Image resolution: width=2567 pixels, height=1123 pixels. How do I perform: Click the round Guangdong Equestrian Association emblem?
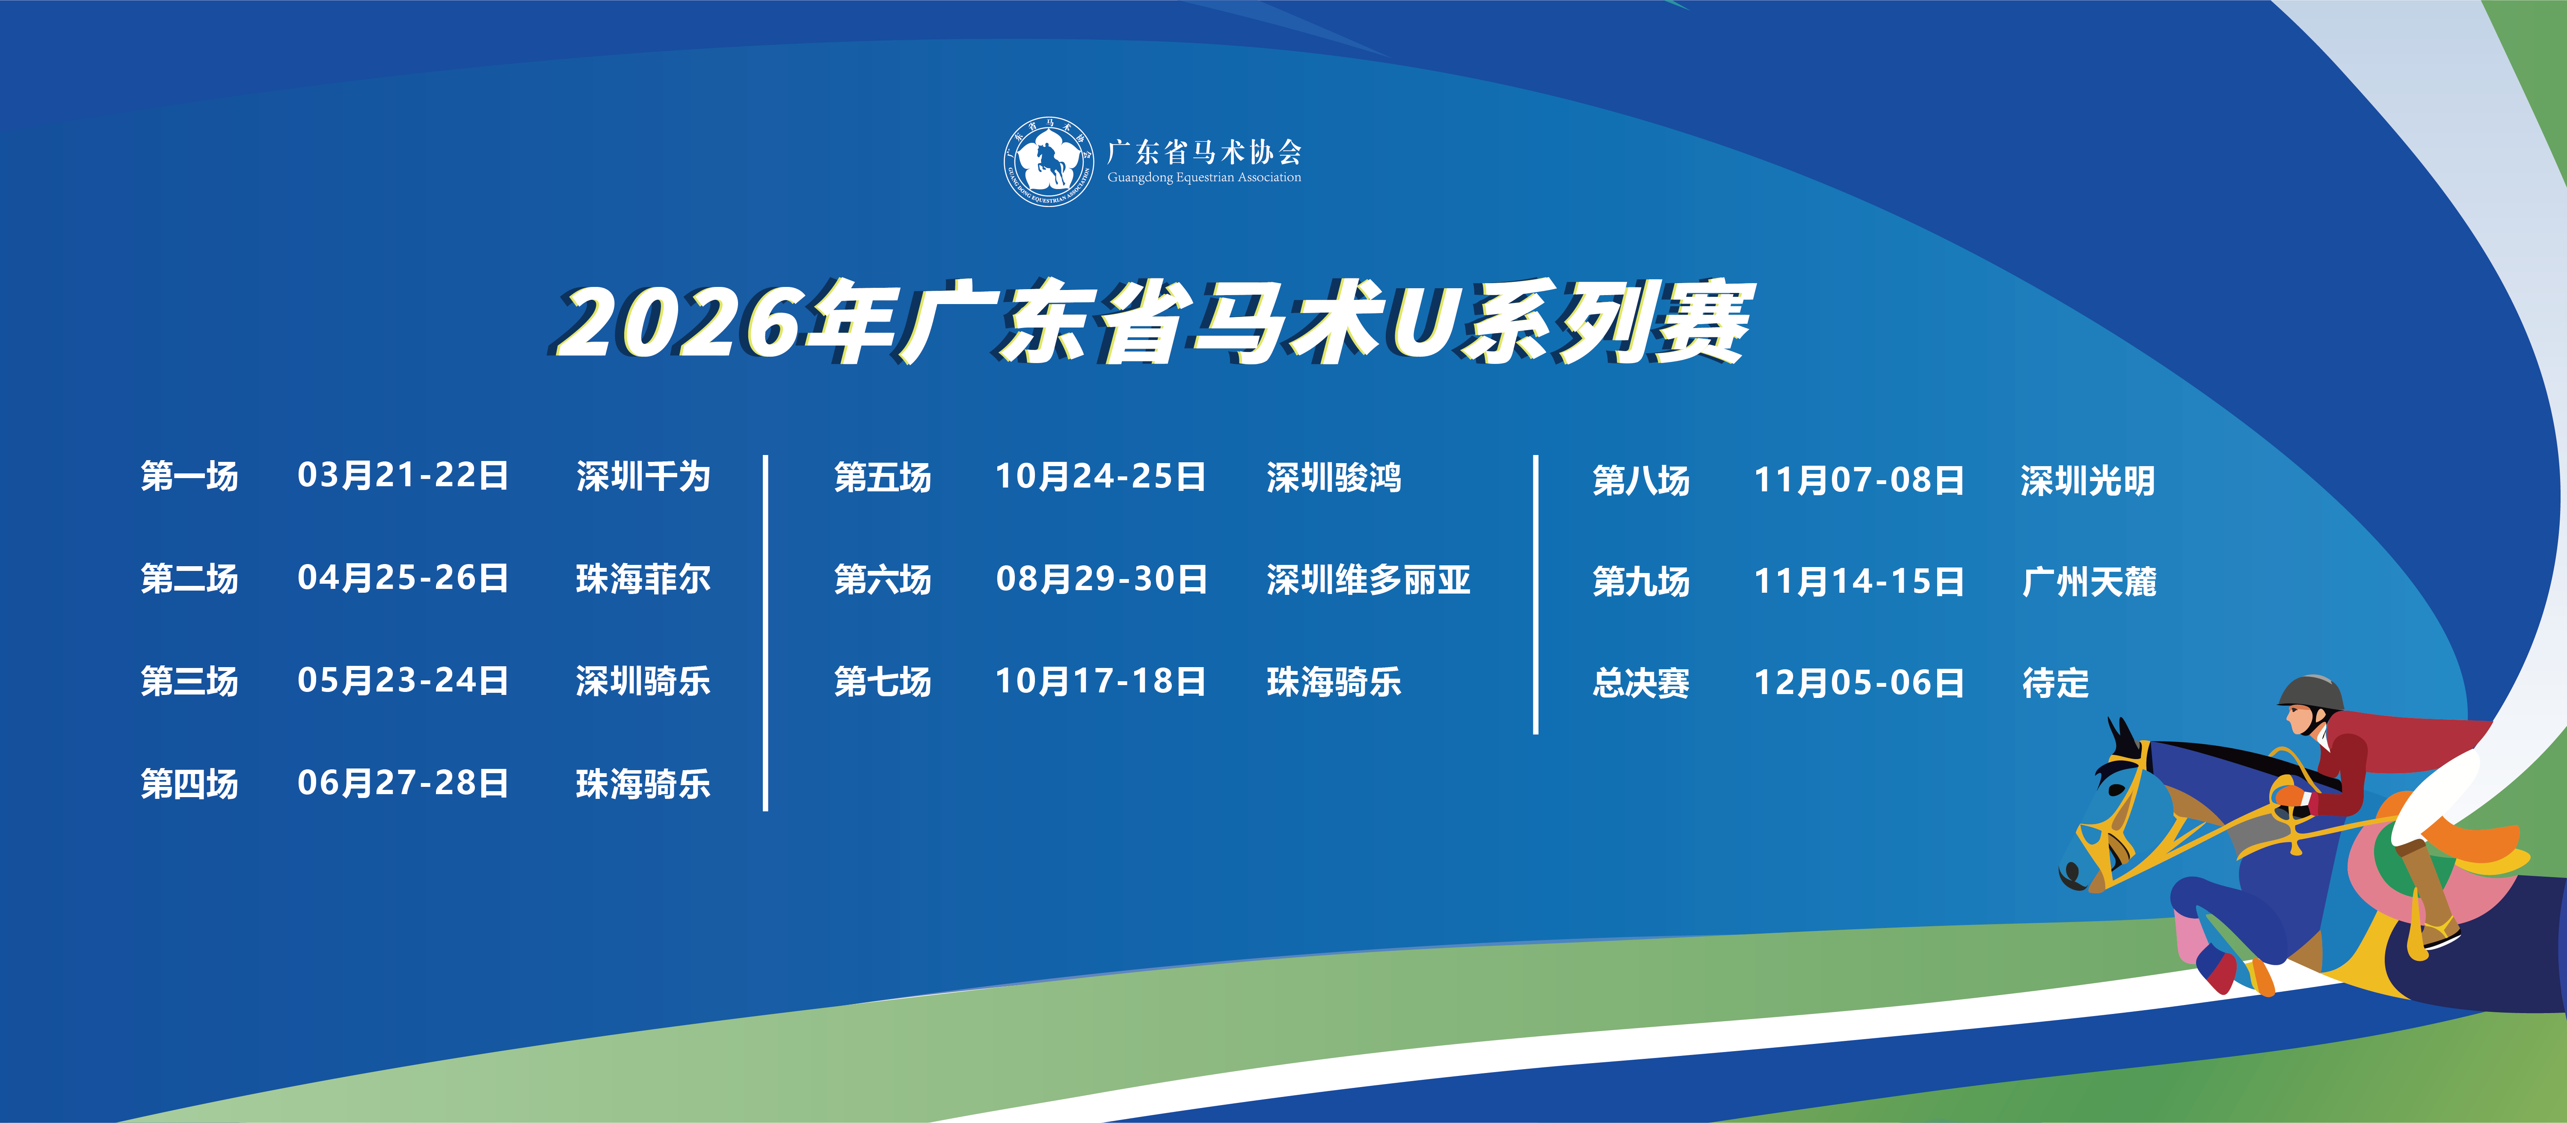point(1047,161)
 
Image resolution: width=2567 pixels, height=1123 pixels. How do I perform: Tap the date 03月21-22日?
point(403,475)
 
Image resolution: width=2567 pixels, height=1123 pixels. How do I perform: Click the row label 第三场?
point(190,682)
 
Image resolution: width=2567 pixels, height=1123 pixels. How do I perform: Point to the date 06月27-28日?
point(403,783)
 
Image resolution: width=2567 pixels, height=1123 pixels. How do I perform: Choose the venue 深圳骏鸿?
point(1333,477)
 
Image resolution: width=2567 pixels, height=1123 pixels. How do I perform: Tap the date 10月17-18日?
point(1100,682)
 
